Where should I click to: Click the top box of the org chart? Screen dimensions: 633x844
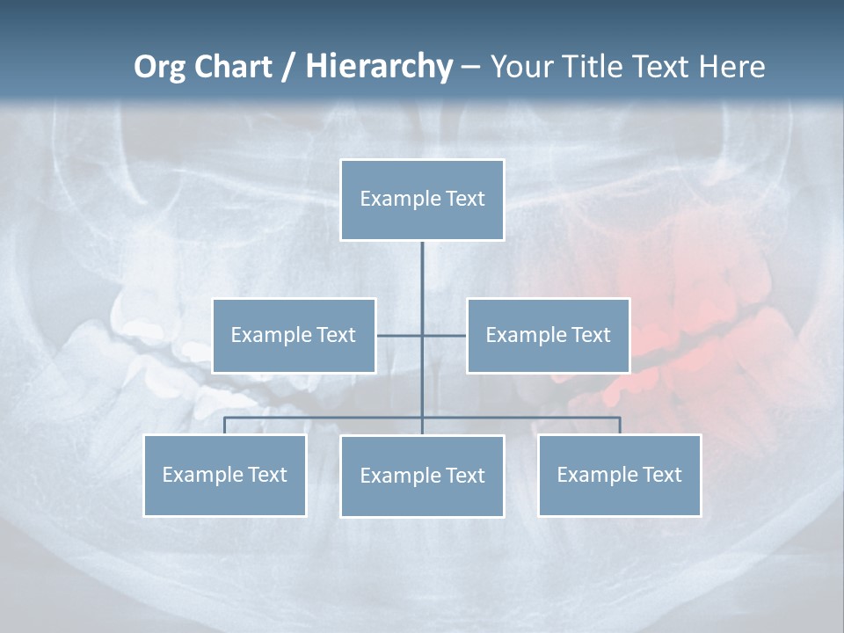422,200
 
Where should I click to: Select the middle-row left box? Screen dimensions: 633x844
294,336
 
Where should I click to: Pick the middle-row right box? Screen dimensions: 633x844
548,336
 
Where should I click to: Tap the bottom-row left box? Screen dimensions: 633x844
224,476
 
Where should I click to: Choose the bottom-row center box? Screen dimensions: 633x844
422,477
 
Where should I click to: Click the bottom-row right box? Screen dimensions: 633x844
619,476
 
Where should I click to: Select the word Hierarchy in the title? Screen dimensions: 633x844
378,67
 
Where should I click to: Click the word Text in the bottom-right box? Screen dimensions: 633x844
662,476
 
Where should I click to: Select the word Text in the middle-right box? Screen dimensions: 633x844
591,336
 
